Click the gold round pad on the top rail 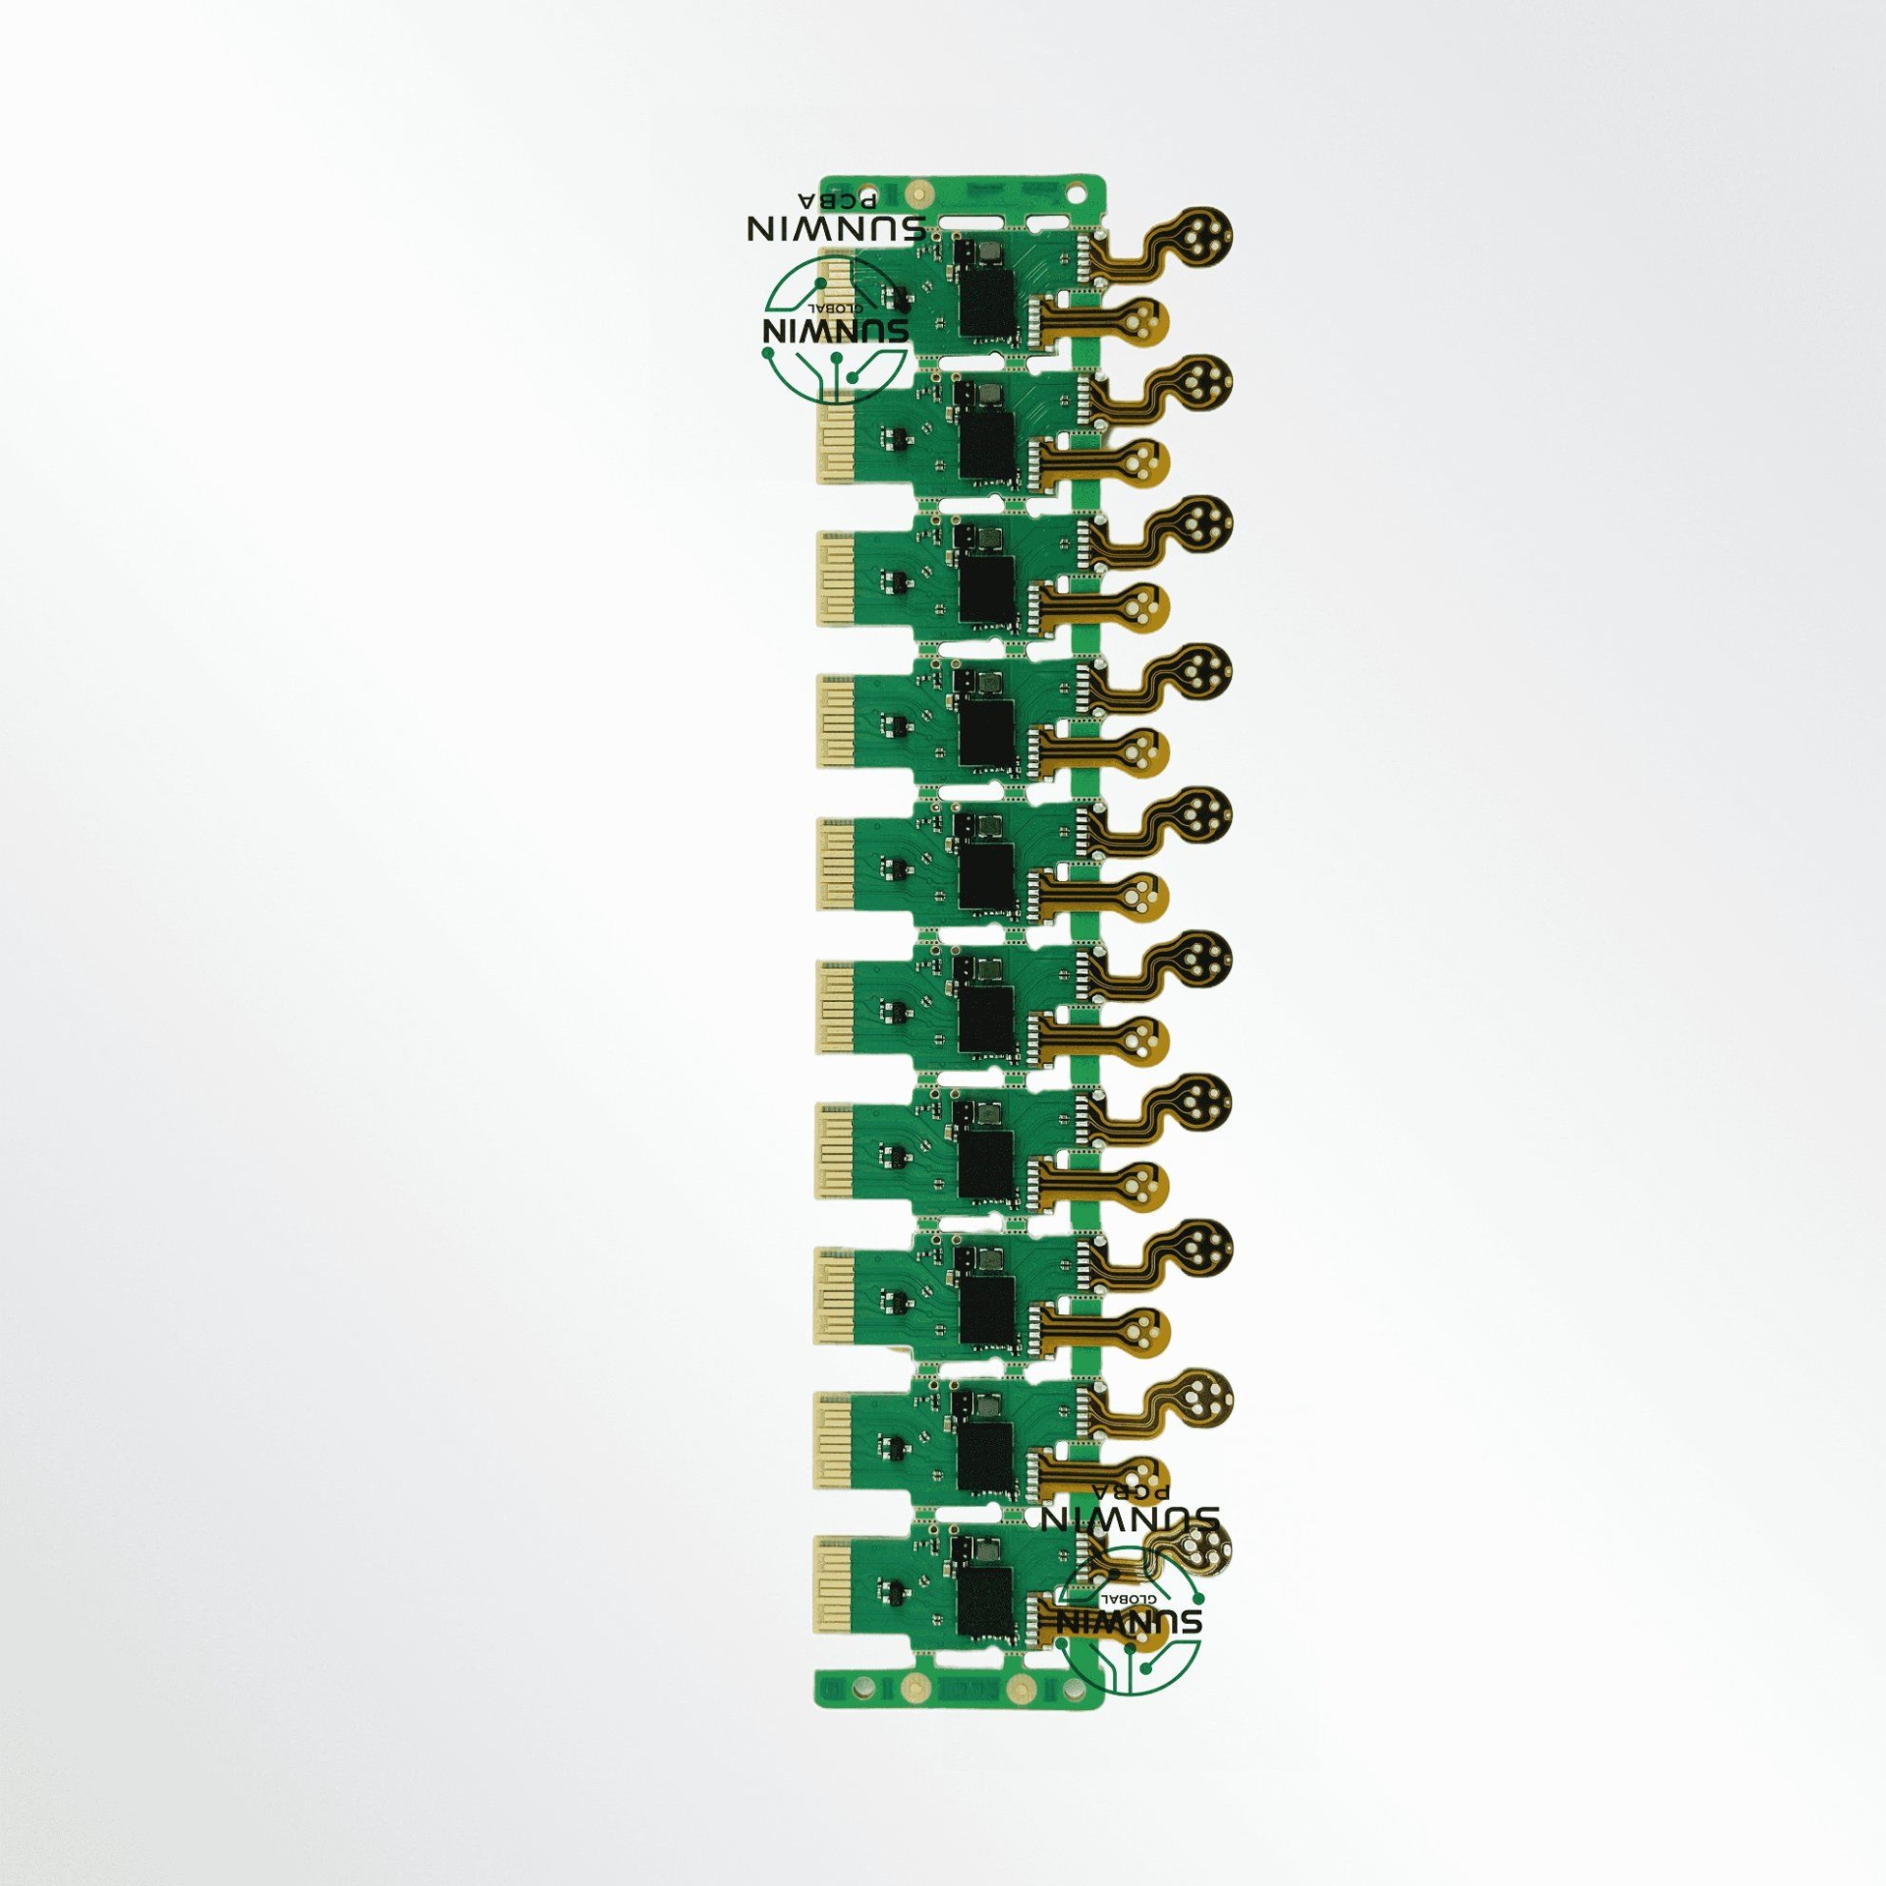coord(917,193)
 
